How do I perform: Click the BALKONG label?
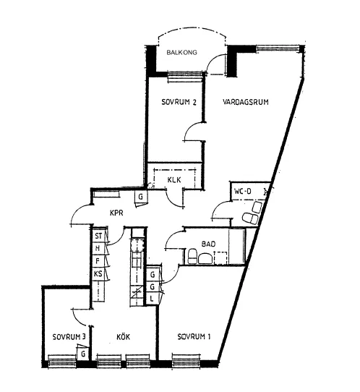click(x=181, y=52)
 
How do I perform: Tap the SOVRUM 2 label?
click(x=179, y=102)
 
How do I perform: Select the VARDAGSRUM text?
click(x=246, y=102)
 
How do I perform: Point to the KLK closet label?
click(x=174, y=180)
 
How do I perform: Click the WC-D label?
click(x=243, y=192)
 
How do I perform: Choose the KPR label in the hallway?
click(x=116, y=213)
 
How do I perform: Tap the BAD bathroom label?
click(x=208, y=244)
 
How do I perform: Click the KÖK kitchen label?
click(x=123, y=336)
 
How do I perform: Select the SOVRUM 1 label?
click(x=194, y=337)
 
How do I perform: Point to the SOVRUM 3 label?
click(x=69, y=337)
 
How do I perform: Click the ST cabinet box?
click(x=98, y=236)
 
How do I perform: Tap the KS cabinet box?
click(x=98, y=274)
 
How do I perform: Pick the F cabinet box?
click(x=98, y=261)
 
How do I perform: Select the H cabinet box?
click(x=98, y=248)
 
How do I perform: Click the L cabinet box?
click(x=152, y=299)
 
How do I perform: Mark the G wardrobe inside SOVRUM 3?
click(x=83, y=354)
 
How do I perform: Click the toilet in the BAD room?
click(x=192, y=257)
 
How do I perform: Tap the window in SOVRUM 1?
click(x=186, y=361)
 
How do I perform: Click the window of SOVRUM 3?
click(x=61, y=361)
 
